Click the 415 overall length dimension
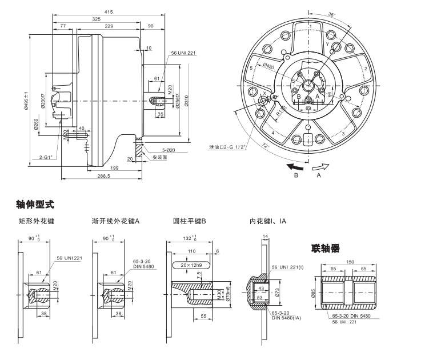click(109, 12)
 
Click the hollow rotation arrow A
click(321, 166)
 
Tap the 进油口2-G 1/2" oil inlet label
click(227, 147)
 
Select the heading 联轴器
click(326, 248)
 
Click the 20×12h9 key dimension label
click(191, 265)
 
